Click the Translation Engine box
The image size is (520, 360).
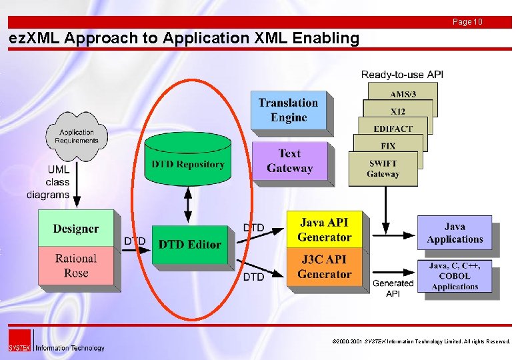288,110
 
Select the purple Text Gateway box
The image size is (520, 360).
289,161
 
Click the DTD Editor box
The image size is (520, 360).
189,244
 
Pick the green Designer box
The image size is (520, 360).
75,229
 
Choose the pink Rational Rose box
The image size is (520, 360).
75,265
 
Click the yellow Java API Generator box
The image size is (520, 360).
324,229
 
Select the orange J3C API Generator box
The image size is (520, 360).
324,267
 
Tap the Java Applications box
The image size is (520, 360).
455,233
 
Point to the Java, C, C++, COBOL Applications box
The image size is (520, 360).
455,275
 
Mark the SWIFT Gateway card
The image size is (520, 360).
383,168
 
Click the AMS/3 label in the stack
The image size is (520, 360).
400,95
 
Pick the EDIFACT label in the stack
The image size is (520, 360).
393,129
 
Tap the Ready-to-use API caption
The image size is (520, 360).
402,74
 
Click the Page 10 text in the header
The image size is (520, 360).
467,22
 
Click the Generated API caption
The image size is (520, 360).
393,288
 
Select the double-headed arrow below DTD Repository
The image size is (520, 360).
188,205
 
